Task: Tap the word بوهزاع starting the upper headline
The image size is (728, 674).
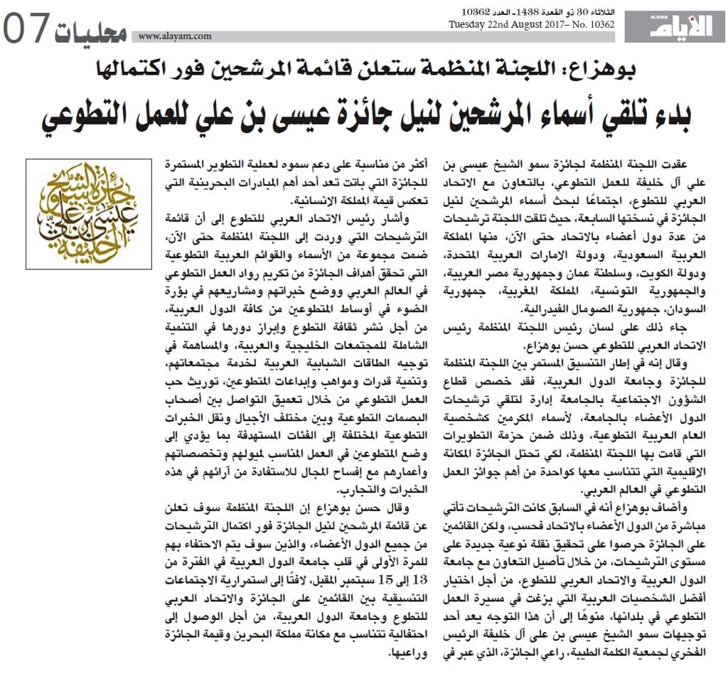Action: [604, 70]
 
